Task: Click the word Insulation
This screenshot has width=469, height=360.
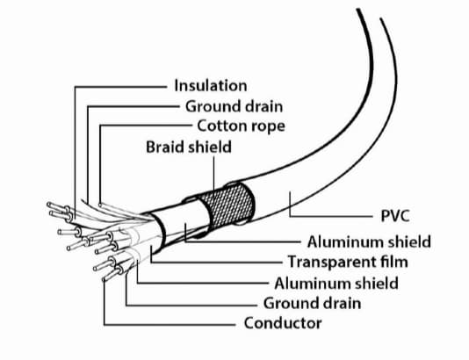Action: (x=210, y=86)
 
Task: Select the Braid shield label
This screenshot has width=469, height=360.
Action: (x=188, y=147)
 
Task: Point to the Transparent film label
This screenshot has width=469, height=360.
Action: (x=350, y=262)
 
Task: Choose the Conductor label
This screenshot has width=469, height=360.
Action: (x=283, y=323)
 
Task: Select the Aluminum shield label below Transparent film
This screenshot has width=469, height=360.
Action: (x=336, y=283)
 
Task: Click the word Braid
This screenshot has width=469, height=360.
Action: (x=164, y=147)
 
